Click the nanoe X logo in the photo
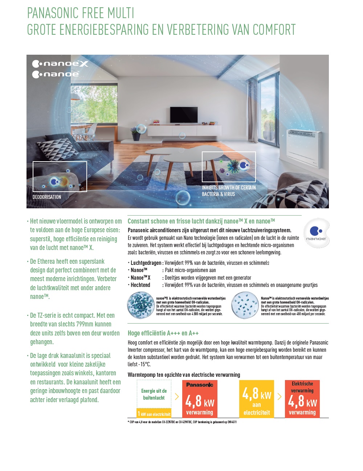(60, 64)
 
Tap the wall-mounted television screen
(181, 113)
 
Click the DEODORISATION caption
(47, 197)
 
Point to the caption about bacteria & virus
(229, 191)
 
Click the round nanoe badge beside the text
(316, 233)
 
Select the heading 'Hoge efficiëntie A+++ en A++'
(163, 333)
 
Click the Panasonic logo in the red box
(199, 385)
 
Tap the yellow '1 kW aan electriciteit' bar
(154, 414)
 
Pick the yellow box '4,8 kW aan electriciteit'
(257, 399)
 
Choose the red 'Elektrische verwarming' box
(302, 399)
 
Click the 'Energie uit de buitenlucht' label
(154, 394)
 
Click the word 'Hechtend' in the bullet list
(140, 285)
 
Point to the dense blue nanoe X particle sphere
(140, 305)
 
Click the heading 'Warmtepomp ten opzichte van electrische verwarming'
(184, 375)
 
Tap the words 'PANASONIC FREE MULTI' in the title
(81, 13)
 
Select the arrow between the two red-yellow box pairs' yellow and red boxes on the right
(280, 396)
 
